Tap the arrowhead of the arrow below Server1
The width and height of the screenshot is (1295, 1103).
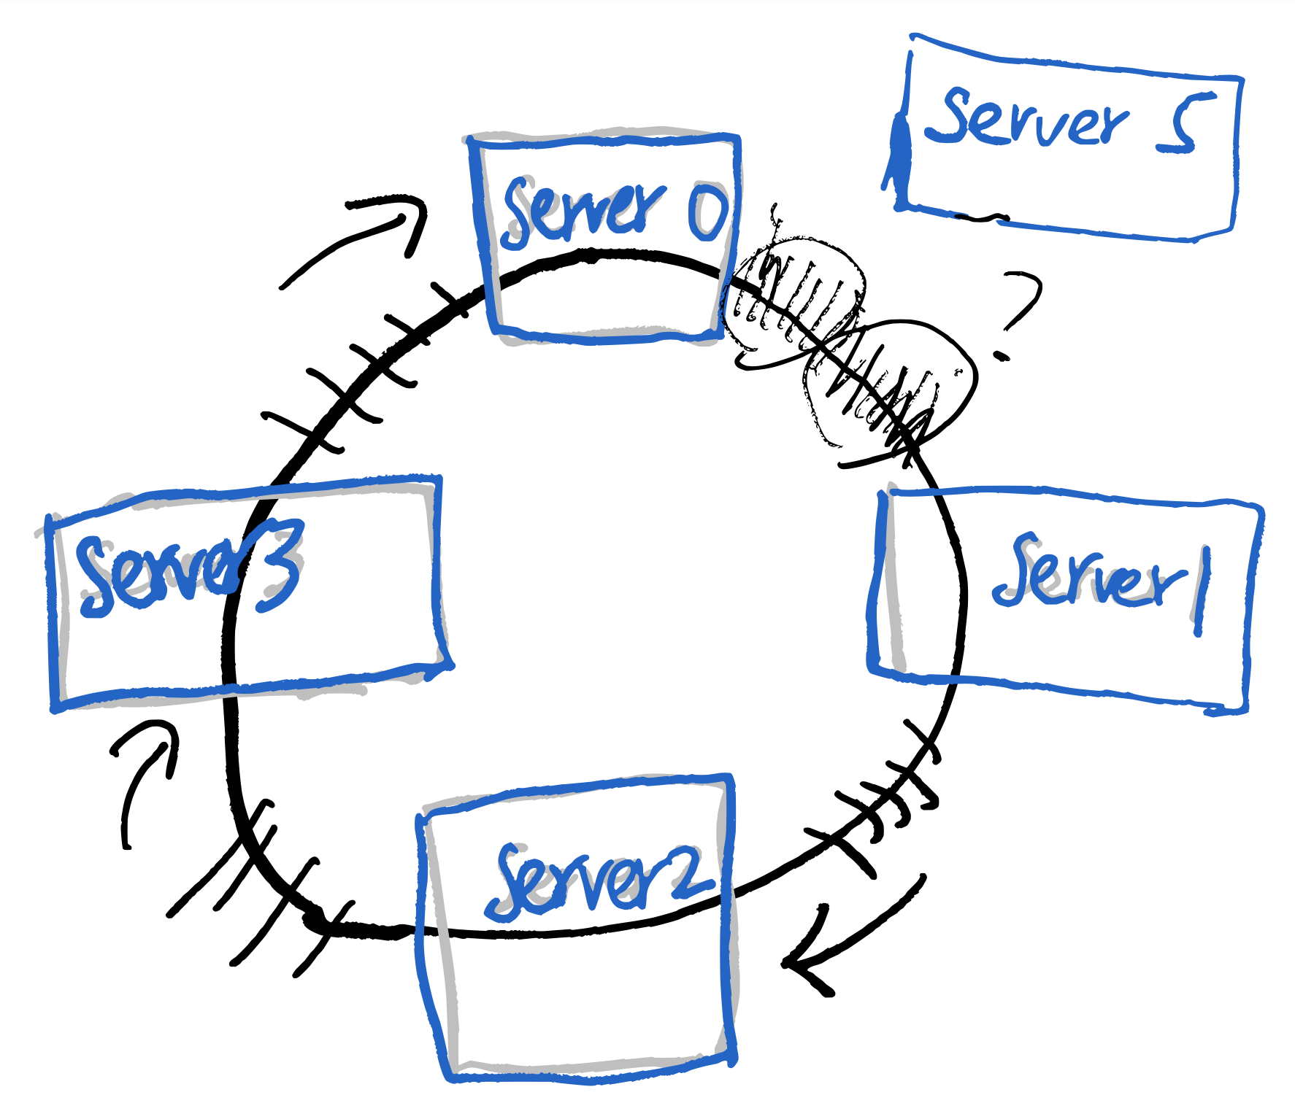point(803,963)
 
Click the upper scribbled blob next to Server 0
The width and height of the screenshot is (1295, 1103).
point(796,292)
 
